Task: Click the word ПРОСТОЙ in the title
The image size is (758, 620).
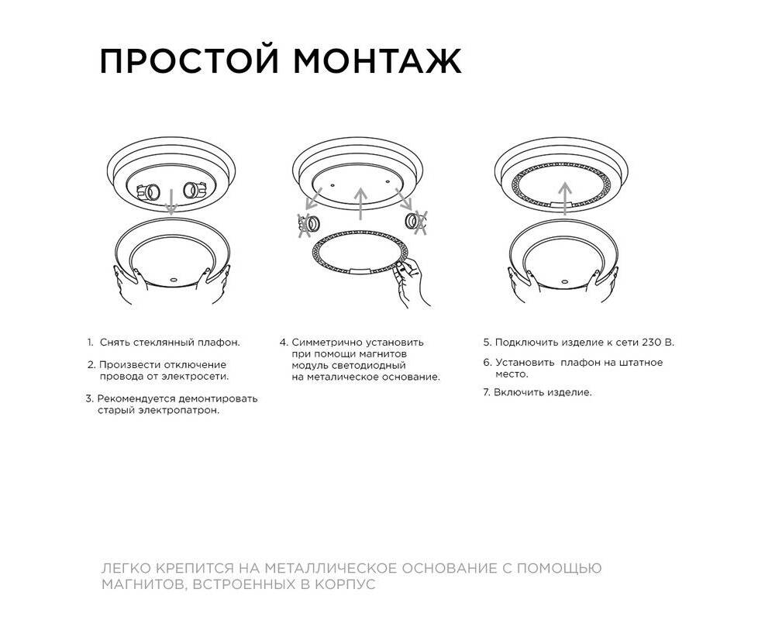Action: [189, 60]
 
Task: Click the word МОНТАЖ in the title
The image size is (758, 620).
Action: [377, 60]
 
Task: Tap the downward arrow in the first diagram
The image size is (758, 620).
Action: [171, 202]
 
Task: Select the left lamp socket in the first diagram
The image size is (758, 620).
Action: [148, 192]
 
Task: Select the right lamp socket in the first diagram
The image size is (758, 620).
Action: [195, 190]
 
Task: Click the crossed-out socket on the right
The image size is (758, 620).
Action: [417, 222]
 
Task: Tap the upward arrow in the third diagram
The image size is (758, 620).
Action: [565, 198]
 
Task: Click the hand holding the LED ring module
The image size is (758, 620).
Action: [410, 282]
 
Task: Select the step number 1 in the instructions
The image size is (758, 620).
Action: [90, 343]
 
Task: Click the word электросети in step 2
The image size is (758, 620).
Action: [195, 377]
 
